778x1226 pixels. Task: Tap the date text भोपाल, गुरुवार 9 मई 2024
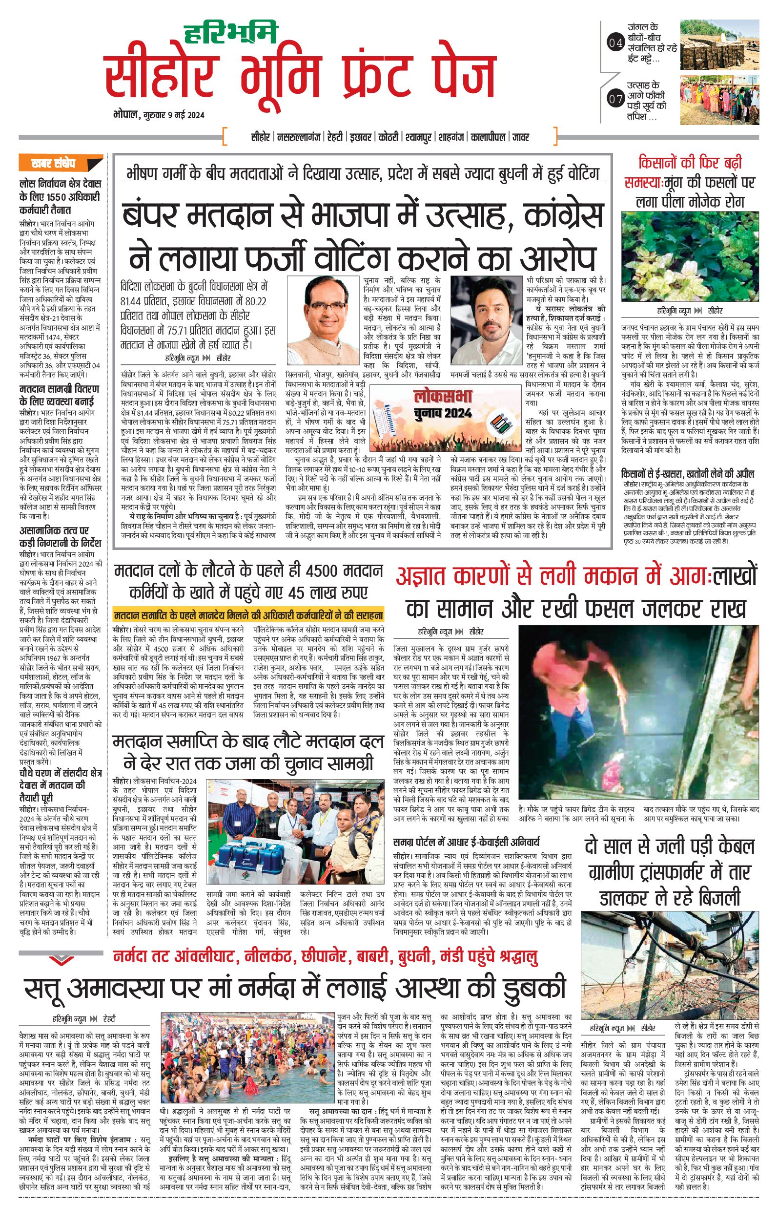tap(159, 115)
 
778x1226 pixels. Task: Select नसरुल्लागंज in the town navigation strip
tap(299, 137)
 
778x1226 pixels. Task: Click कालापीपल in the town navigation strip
tap(488, 137)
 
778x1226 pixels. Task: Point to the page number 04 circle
tap(615, 43)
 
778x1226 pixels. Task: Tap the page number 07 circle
tap(615, 99)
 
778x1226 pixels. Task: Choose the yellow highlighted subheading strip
tap(248, 615)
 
